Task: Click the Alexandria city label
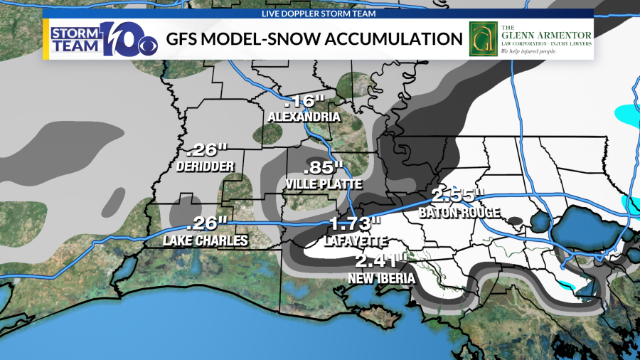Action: click(299, 117)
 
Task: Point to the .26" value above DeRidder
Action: click(206, 150)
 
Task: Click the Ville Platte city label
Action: click(323, 184)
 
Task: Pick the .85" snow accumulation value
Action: click(323, 169)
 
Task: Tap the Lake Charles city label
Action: click(206, 240)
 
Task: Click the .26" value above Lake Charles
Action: click(206, 224)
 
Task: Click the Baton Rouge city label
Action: click(459, 212)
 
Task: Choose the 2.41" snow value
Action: click(383, 261)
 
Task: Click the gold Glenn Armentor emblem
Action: click(481, 39)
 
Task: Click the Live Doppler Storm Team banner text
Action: click(319, 13)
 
